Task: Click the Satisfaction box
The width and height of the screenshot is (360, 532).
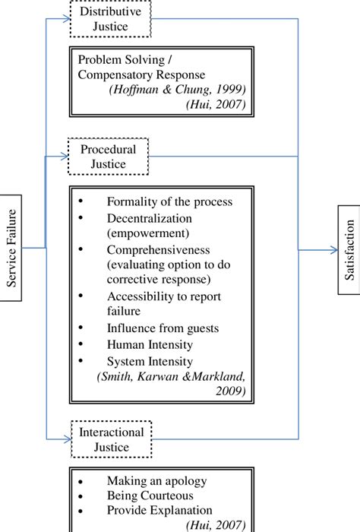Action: (349, 251)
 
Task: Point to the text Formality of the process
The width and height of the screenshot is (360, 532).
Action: (169, 201)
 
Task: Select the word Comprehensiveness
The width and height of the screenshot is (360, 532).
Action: (157, 249)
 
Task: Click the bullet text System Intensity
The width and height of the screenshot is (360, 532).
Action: (150, 361)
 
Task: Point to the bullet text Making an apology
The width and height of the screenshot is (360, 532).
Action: (155, 481)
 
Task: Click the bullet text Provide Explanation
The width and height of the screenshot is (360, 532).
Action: (159, 510)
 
